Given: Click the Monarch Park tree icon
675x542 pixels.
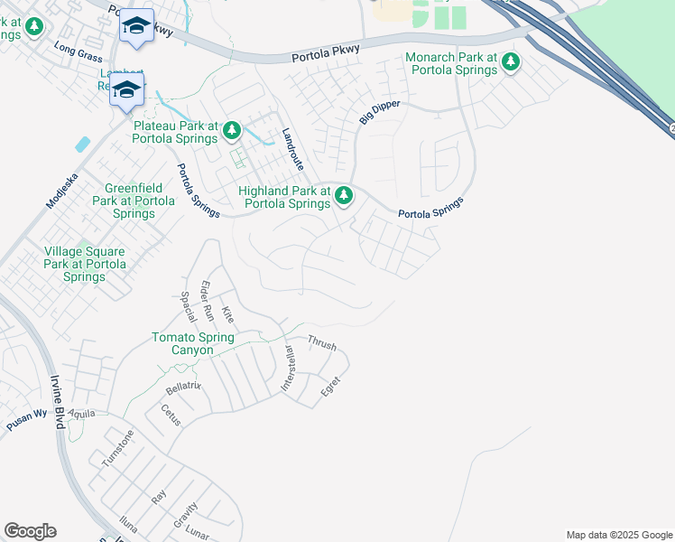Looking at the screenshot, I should pyautogui.click(x=511, y=62).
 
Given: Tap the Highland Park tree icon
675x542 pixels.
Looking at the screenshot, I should pyautogui.click(x=343, y=196).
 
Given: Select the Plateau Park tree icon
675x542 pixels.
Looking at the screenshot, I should pyautogui.click(x=232, y=132).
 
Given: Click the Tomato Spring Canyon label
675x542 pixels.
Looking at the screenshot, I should pyautogui.click(x=192, y=343).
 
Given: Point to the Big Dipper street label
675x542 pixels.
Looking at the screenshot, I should pyautogui.click(x=379, y=113).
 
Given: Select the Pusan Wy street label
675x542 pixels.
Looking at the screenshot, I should pyautogui.click(x=27, y=416).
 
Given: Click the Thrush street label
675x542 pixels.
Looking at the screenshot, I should pyautogui.click(x=322, y=344).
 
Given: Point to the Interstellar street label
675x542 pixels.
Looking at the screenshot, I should pyautogui.click(x=288, y=368).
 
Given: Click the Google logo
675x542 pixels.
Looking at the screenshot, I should pyautogui.click(x=30, y=531).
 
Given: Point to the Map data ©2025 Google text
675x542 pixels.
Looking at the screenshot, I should pyautogui.click(x=618, y=535).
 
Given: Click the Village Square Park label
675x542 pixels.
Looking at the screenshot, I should pyautogui.click(x=85, y=264).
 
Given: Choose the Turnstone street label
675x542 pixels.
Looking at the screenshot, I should pyautogui.click(x=117, y=447).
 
